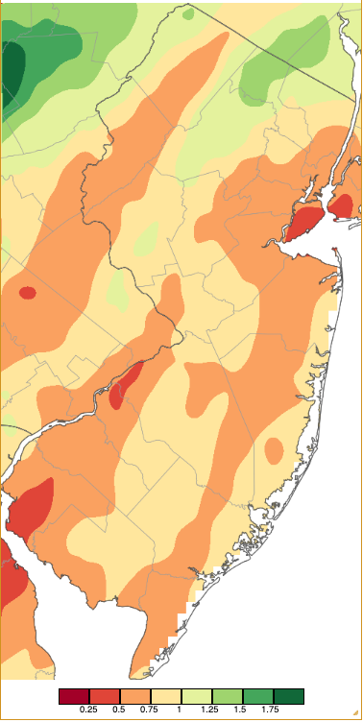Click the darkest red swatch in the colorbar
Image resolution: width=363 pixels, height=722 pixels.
74,695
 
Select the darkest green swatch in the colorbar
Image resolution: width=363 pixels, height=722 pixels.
289,695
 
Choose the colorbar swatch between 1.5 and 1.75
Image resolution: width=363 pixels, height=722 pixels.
258,695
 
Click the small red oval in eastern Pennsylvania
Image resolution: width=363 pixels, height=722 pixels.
27,293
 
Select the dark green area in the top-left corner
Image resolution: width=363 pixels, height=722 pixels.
12,67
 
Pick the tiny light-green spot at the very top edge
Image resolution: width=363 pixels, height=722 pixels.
188,14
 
